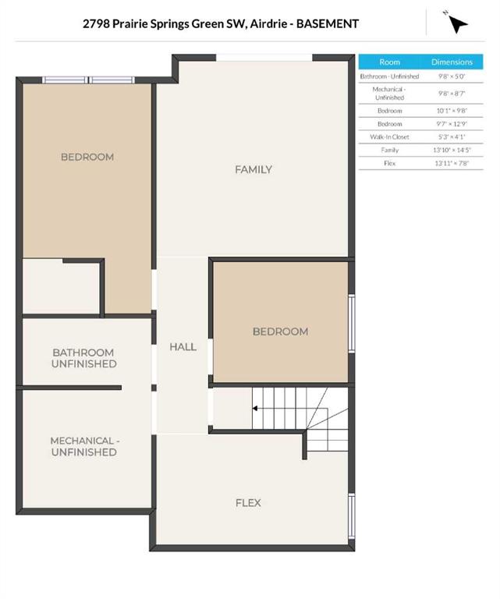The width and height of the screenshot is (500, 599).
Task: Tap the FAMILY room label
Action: coord(254,169)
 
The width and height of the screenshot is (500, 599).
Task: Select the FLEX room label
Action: coord(248,503)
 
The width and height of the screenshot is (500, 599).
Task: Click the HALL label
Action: coord(183,347)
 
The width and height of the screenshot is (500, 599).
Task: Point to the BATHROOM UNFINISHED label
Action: coord(83,358)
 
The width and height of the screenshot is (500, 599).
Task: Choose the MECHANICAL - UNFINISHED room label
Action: coord(84,446)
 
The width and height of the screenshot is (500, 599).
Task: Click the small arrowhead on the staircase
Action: coord(255,409)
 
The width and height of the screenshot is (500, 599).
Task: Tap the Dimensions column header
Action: coord(452,62)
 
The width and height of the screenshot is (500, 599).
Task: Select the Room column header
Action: coord(389,62)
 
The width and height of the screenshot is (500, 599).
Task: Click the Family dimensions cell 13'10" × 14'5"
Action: coord(452,150)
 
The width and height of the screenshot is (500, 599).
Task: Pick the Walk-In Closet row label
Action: coord(389,136)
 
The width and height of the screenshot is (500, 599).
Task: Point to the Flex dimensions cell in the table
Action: coord(452,163)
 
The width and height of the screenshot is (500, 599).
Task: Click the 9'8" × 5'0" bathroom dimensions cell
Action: coord(452,76)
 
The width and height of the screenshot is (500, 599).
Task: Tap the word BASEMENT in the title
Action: coord(328,23)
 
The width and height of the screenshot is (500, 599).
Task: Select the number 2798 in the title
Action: coord(96,23)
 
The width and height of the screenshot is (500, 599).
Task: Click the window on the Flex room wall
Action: coord(352,516)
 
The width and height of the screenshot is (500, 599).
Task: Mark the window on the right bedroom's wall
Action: coord(352,323)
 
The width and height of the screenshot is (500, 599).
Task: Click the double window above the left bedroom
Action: coord(88,80)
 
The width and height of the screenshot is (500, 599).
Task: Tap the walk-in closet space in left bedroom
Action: coord(61,287)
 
